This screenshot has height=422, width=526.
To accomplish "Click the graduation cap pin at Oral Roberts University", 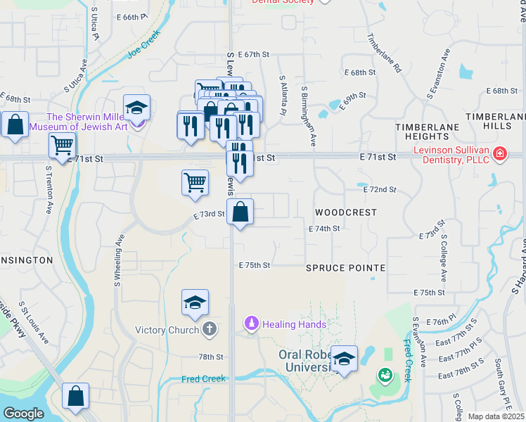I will coord(344,360).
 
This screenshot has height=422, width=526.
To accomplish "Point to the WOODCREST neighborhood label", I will coord(345,212).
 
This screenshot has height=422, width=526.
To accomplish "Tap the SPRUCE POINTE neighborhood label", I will coord(345,268).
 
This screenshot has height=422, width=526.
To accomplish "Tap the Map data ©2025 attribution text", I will coord(496,416).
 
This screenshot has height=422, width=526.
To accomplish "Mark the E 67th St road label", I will coord(254,54).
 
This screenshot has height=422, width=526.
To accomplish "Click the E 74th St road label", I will coord(324,229).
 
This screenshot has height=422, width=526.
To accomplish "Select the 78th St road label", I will coord(210,357).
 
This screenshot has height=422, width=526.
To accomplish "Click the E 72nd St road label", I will coord(380,190).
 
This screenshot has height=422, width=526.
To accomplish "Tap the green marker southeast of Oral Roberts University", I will coord(385,376).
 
